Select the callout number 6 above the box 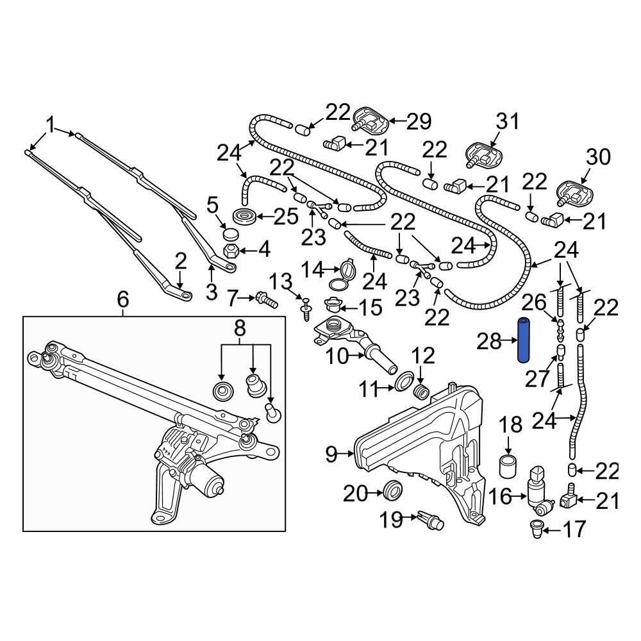[x=123, y=299]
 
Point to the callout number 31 [x=507, y=121]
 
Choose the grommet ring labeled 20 [x=392, y=492]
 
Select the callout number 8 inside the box [x=239, y=329]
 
